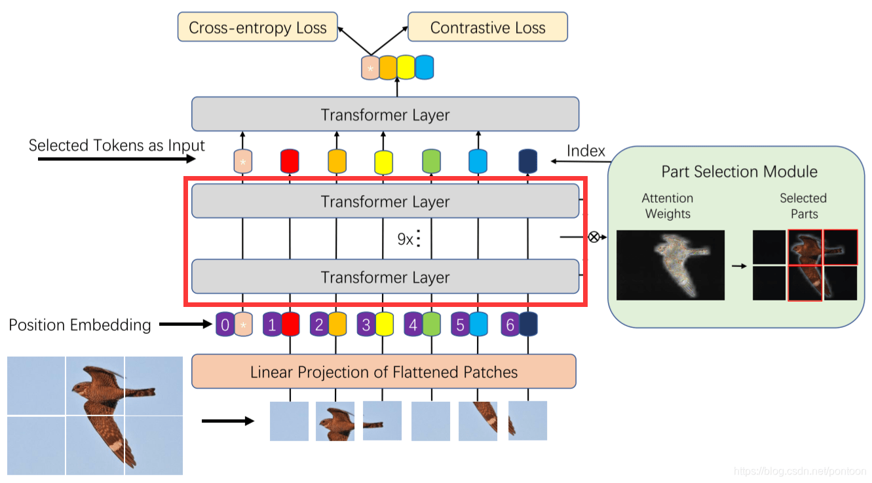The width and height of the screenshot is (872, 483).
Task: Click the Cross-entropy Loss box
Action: click(257, 28)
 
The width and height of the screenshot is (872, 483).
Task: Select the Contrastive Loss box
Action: click(487, 28)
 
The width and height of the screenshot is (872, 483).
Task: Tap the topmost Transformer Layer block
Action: click(385, 115)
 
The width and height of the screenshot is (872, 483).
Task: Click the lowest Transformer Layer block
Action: click(385, 277)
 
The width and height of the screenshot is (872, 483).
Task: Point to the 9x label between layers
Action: click(406, 240)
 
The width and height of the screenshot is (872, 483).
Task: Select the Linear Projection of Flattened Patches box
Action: click(384, 372)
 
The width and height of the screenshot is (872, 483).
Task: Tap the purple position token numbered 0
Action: click(225, 325)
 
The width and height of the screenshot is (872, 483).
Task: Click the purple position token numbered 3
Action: click(366, 325)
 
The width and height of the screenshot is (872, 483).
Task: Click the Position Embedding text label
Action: click(80, 325)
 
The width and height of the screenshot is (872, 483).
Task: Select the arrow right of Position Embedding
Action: click(186, 324)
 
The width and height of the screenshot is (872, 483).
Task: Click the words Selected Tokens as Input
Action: click(117, 145)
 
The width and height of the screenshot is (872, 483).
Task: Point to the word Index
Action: click(586, 151)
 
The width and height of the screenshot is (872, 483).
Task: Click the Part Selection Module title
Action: click(739, 172)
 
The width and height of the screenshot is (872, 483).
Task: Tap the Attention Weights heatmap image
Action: click(670, 265)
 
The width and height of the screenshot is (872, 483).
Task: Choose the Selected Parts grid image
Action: click(805, 265)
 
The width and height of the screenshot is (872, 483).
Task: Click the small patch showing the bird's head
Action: click(335, 421)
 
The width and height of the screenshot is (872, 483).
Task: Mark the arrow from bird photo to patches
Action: click(227, 421)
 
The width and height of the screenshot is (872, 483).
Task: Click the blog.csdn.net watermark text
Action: click(800, 471)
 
